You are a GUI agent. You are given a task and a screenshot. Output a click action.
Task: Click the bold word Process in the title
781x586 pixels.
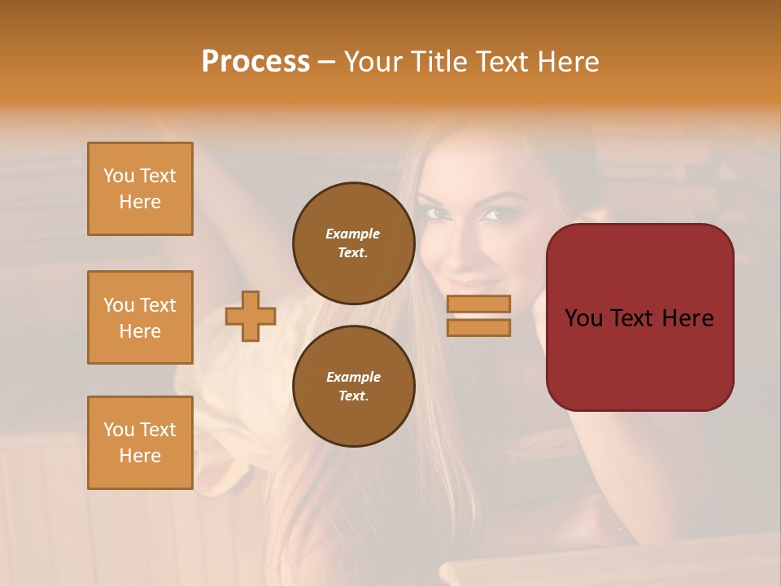tap(255, 62)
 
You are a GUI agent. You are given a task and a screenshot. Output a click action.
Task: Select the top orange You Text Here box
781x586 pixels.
tap(140, 189)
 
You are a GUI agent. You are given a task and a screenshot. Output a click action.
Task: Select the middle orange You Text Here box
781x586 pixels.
tap(140, 317)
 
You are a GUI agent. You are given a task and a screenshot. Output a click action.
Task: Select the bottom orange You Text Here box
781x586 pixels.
tap(140, 443)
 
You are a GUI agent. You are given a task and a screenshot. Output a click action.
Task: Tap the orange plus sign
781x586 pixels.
tap(251, 316)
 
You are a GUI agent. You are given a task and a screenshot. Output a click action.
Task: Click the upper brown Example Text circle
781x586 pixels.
tap(353, 243)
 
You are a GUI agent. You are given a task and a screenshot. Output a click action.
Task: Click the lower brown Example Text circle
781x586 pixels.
tap(353, 386)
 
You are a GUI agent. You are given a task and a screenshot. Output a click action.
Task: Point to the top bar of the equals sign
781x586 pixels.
tap(478, 304)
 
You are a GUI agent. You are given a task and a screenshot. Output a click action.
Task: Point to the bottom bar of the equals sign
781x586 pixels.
tap(478, 327)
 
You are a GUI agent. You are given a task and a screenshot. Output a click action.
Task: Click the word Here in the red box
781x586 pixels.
tap(687, 318)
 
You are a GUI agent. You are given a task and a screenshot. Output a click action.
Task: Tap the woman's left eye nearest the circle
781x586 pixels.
tap(438, 213)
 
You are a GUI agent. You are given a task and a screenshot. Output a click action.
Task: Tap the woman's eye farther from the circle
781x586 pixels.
tap(492, 216)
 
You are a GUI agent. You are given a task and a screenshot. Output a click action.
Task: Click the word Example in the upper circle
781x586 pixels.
tap(353, 234)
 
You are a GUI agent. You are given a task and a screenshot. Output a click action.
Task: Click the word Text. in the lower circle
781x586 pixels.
tap(353, 396)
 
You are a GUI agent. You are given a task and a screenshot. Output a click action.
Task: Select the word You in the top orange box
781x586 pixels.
tap(119, 176)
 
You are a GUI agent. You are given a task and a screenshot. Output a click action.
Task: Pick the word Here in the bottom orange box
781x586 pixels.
tap(140, 456)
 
